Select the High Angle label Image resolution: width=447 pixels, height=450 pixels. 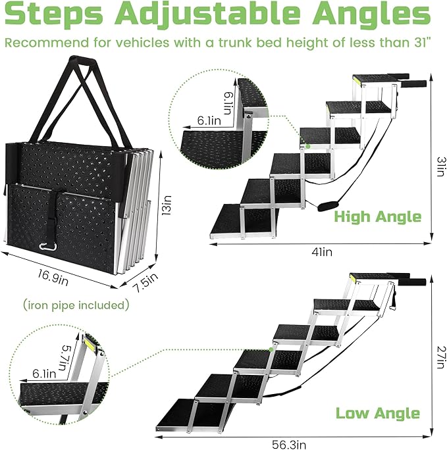pos(377,216)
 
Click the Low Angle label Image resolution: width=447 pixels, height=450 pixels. pos(377,413)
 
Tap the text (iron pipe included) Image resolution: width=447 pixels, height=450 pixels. pos(76,305)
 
